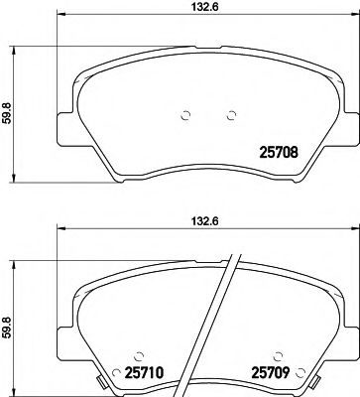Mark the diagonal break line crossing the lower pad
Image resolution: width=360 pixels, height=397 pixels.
click(225, 318)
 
